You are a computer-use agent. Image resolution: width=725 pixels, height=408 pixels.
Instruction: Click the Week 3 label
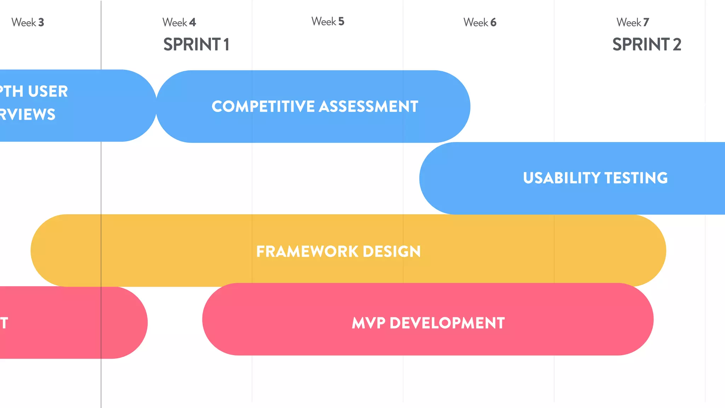point(28,22)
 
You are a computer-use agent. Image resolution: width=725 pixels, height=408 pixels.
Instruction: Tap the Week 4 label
point(179,22)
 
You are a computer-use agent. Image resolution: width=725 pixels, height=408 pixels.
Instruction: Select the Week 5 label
point(328,22)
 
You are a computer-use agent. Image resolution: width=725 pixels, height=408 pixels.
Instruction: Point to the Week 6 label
point(480,22)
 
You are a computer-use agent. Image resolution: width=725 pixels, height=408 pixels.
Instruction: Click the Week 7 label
point(633,22)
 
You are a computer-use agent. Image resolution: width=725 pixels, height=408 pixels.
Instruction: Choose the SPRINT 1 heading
point(196,45)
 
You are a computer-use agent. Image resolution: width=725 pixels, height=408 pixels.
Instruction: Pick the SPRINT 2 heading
point(646,45)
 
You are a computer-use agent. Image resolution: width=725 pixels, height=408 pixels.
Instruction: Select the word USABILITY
point(562,178)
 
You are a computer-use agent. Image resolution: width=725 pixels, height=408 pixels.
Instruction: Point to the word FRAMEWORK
point(307,251)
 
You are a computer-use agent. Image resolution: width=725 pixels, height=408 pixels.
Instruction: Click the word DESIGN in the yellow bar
point(392,251)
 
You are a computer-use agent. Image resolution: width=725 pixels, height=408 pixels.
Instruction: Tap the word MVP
point(368,323)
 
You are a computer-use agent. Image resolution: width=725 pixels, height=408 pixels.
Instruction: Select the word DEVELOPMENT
point(447,323)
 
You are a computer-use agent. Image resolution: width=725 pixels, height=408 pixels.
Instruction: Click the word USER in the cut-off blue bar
point(48,91)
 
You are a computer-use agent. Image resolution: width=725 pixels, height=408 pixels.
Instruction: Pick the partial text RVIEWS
point(28,114)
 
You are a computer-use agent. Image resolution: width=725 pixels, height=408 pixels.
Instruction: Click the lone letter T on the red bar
point(4,323)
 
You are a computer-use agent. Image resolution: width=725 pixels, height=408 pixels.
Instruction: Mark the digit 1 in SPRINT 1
point(226,45)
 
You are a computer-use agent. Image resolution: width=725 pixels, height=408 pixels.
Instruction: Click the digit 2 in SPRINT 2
point(677,45)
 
